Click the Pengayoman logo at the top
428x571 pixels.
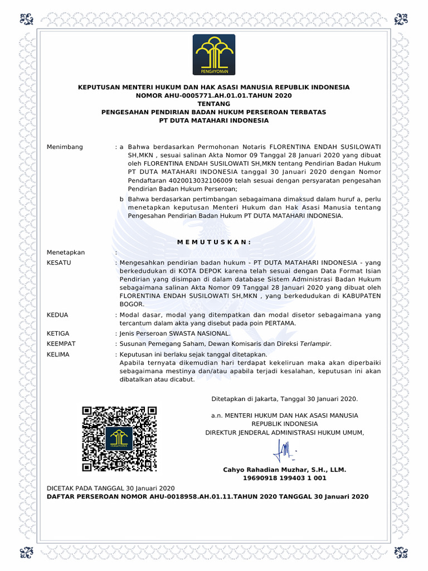click(x=214, y=55)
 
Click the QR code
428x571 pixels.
click(x=119, y=439)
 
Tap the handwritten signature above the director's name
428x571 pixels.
click(x=285, y=448)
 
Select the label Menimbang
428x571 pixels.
click(x=65, y=147)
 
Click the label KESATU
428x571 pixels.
click(x=59, y=262)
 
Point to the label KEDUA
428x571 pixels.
click(x=58, y=315)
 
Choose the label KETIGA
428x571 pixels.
click(x=59, y=333)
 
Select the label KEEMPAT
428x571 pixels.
click(x=61, y=344)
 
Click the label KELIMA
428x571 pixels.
click(x=59, y=355)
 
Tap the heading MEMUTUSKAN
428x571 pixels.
click(x=213, y=241)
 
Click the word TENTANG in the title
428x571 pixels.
click(x=214, y=104)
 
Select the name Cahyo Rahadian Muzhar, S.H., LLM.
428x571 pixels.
click(x=284, y=470)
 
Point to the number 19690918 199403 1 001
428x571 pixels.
click(x=284, y=478)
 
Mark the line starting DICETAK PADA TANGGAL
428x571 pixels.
click(x=111, y=488)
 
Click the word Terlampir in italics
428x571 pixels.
click(x=315, y=344)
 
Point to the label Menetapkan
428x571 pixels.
click(x=66, y=253)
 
